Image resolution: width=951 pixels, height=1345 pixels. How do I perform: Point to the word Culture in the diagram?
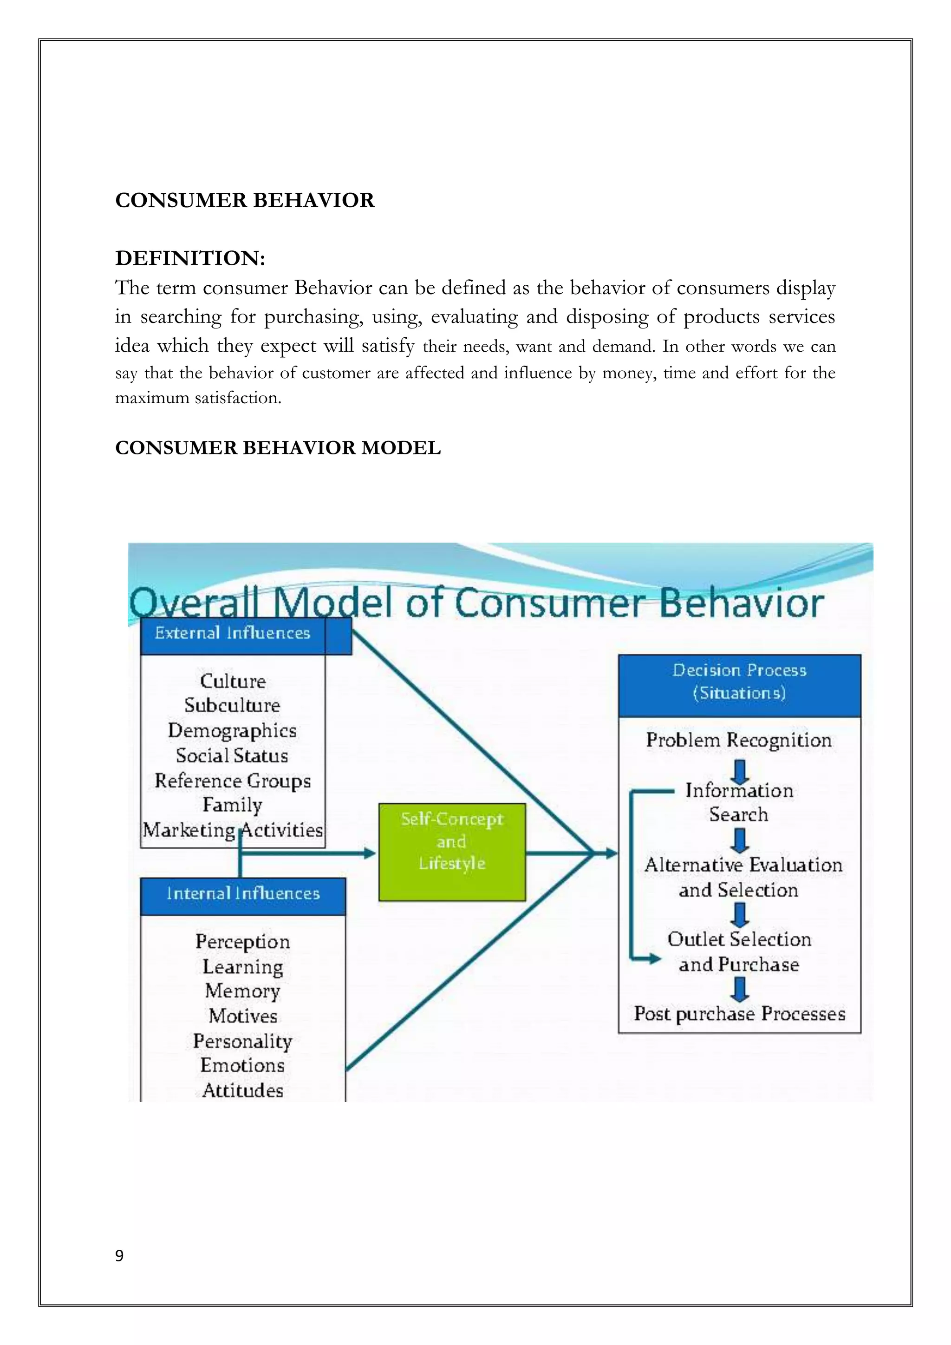233,681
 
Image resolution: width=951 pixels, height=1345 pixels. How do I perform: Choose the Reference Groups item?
233,781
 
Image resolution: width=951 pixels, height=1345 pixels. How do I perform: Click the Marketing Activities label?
233,830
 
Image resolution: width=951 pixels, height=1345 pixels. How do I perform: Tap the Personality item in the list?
242,1041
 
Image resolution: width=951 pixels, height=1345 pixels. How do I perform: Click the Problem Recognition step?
739,741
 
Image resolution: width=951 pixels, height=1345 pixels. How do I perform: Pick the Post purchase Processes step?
739,1014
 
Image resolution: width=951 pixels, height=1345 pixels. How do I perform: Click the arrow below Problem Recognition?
740,772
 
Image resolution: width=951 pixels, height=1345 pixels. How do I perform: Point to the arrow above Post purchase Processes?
740,990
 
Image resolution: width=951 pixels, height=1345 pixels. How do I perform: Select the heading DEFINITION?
190,258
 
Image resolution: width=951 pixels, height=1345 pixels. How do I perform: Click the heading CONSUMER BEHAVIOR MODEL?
278,448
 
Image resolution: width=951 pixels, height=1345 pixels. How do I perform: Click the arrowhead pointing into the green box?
370,853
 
